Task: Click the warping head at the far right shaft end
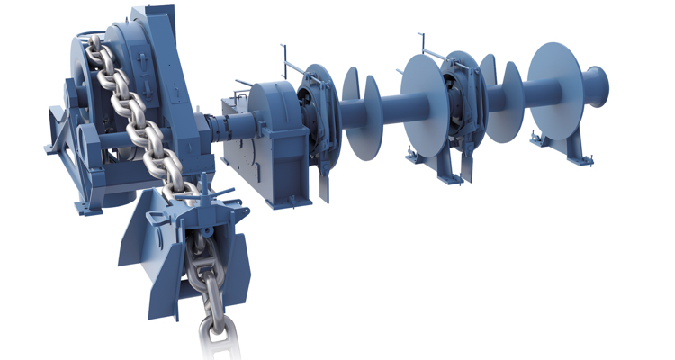point(598,85)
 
